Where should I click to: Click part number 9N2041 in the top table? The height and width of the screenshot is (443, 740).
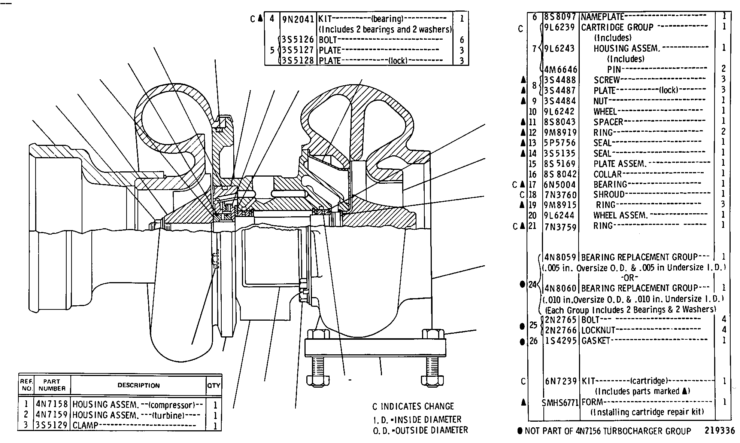point(298,19)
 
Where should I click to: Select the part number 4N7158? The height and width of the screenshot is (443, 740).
point(52,404)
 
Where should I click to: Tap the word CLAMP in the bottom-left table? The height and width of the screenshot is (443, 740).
point(85,425)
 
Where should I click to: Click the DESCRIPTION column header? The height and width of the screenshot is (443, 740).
point(139,385)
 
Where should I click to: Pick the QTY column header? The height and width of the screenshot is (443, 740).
point(214,385)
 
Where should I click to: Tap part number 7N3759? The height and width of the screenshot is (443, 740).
point(560,227)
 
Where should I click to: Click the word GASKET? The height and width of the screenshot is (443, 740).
point(596,341)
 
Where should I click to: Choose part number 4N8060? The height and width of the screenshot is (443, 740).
point(561,288)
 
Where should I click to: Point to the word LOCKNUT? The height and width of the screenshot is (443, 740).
point(598,330)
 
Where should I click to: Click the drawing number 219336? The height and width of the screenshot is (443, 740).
point(719,431)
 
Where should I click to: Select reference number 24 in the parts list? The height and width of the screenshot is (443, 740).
point(532,285)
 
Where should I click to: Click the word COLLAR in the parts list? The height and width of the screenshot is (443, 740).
point(607,174)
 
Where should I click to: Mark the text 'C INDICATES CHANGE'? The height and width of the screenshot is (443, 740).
point(413,406)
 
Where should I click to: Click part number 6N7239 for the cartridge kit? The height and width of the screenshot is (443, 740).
point(561,381)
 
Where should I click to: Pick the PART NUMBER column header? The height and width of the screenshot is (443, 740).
point(52,385)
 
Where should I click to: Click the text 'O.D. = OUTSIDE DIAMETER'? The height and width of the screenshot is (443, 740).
point(420,430)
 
